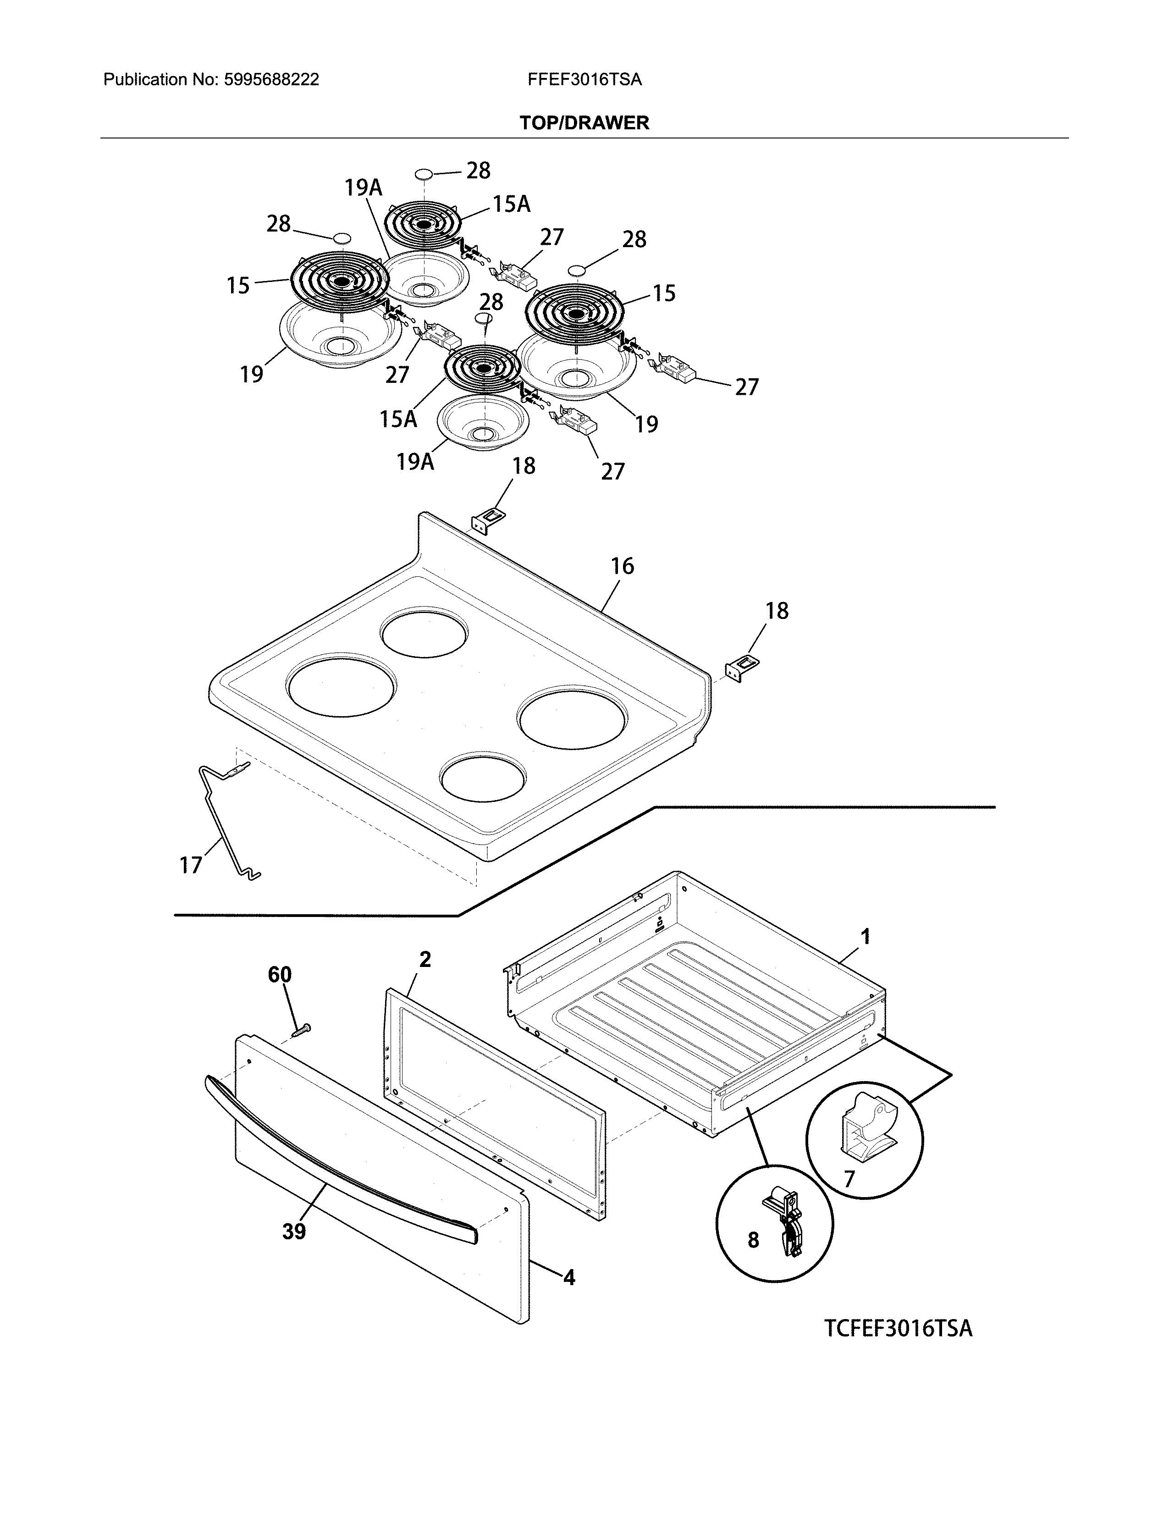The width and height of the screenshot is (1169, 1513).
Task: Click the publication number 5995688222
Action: click(271, 80)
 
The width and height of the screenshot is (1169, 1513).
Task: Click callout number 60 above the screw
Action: click(280, 975)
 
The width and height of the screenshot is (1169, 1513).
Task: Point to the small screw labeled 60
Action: click(301, 1031)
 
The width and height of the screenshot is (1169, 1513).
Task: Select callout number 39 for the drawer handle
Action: click(294, 1232)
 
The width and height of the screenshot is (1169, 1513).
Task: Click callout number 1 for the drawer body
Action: click(865, 937)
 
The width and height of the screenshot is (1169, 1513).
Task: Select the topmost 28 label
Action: click(478, 171)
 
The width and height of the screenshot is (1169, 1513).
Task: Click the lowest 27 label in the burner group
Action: click(612, 471)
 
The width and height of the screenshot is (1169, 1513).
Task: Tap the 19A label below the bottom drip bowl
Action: click(415, 461)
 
